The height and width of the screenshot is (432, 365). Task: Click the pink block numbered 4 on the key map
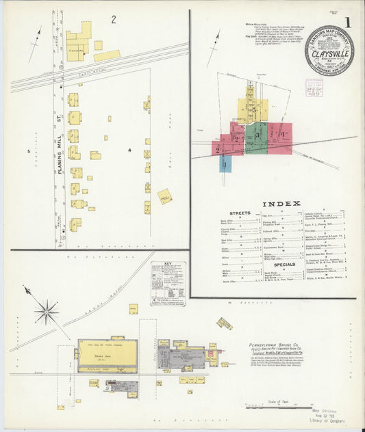281,135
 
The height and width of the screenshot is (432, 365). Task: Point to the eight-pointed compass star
47,312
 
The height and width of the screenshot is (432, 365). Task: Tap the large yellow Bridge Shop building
108,355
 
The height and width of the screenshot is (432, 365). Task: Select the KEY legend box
168,282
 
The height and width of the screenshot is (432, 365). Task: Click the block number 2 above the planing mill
114,19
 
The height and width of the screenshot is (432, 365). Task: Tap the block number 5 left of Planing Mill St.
29,150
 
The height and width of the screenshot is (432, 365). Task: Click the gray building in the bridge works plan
180,357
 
